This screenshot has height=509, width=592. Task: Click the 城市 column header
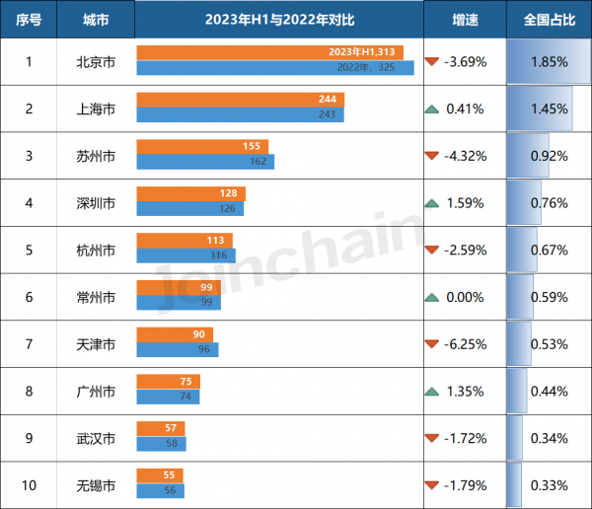[96, 20]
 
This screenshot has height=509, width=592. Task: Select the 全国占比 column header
[549, 20]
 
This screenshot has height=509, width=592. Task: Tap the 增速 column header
[465, 20]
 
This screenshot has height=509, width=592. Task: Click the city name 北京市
[96, 61]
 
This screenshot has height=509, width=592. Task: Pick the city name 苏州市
[96, 156]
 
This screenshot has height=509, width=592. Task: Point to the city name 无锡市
[96, 485]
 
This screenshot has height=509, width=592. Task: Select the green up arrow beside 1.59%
[431, 203]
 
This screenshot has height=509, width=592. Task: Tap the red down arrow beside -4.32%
[431, 156]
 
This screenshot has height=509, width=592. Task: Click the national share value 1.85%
[549, 61]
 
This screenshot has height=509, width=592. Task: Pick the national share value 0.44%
[549, 392]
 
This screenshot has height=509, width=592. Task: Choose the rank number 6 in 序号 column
[29, 297]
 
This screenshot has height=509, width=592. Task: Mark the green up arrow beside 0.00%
[431, 297]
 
